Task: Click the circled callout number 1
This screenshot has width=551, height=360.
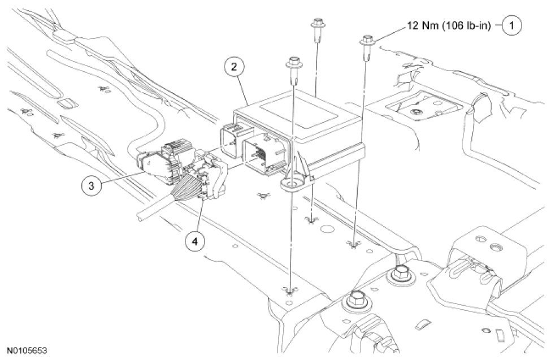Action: pos(512,25)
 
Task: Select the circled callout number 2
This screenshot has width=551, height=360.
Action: pos(233,67)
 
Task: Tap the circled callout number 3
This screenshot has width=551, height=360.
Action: pos(89,184)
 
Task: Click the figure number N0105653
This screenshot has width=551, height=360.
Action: pos(28,351)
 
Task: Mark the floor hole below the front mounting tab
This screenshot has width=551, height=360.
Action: pos(289,291)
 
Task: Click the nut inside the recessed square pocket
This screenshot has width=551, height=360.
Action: pos(415,112)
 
